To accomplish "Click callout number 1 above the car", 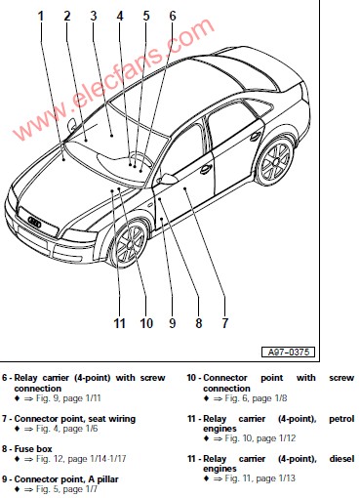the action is click(41, 16).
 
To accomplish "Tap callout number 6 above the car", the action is click(173, 16).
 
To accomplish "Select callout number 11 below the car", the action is click(119, 323).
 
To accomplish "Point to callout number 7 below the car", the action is click(225, 323).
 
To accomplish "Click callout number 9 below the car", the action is click(173, 323).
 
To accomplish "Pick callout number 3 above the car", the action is click(94, 16).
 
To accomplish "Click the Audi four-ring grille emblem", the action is click(35, 222).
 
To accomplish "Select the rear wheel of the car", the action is click(276, 160).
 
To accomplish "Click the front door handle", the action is click(206, 169).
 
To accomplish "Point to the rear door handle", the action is click(256, 137).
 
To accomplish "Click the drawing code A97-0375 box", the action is click(288, 352).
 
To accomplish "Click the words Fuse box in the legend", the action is click(33, 449).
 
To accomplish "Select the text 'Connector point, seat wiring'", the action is click(75, 419).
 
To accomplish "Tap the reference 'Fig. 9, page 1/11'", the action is click(68, 398).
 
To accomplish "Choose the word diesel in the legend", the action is click(341, 459).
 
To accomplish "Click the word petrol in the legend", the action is click(341, 419).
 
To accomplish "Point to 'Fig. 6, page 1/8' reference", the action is click(256, 398).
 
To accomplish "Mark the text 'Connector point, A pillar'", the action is click(66, 479).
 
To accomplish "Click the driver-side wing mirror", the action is click(168, 179).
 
